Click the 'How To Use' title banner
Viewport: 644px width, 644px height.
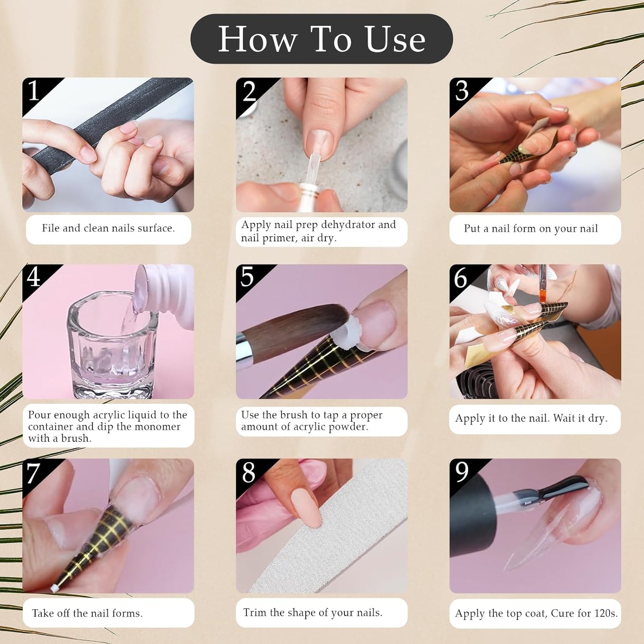[x=321, y=39]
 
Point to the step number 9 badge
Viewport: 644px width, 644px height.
[x=461, y=472]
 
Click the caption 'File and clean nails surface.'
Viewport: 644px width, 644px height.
[x=108, y=228]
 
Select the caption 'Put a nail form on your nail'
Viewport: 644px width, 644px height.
[x=530, y=229]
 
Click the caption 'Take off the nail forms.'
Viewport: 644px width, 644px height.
[x=87, y=613]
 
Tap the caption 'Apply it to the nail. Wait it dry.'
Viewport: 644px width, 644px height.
[x=531, y=418]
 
